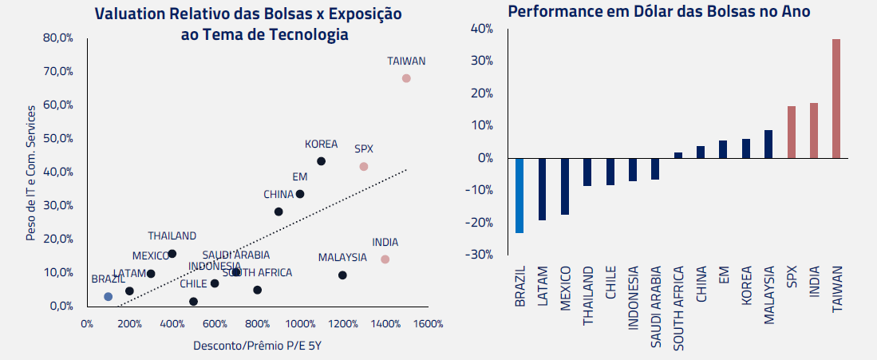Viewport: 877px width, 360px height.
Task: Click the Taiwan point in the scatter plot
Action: click(406, 78)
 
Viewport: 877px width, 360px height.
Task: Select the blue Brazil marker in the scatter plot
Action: click(108, 296)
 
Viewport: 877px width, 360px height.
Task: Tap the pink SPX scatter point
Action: click(363, 167)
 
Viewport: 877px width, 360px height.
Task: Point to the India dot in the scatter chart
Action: click(385, 259)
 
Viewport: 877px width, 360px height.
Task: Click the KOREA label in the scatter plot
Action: click(321, 144)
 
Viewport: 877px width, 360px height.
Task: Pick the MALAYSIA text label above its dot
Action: click(342, 257)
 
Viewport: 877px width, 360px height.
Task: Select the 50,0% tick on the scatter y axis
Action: click(59, 138)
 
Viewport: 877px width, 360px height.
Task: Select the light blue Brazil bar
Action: click(519, 196)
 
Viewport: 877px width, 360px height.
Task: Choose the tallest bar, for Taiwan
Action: click(836, 98)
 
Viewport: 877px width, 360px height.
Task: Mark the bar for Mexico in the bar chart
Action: click(564, 186)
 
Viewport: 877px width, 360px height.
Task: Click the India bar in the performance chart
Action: click(814, 130)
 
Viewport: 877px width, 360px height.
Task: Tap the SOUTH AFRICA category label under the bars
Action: click(678, 307)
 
